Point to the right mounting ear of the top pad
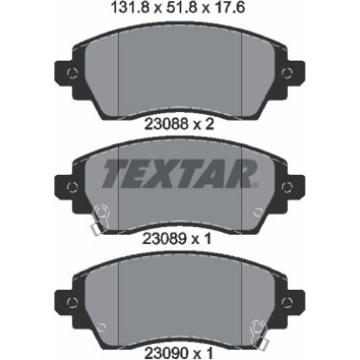295,70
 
